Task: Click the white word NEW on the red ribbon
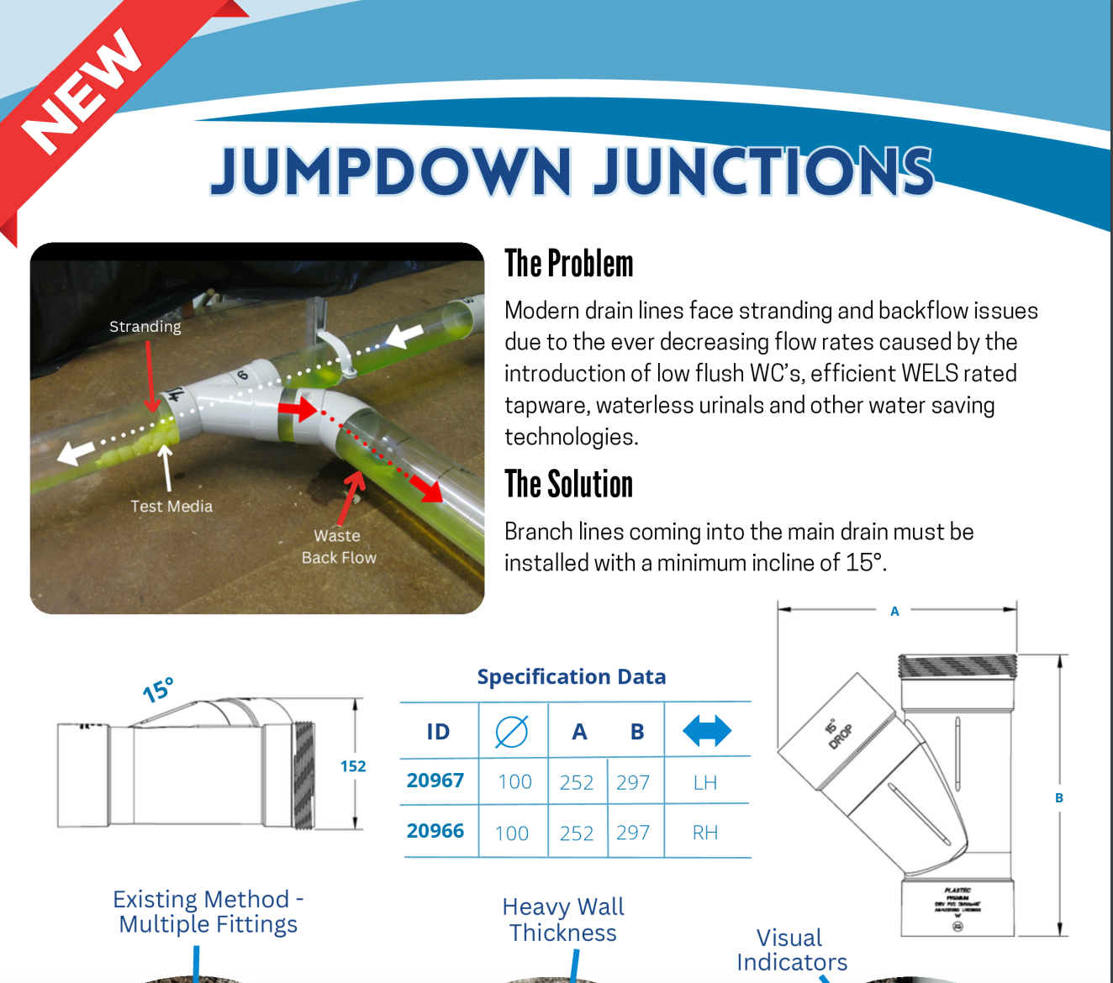tap(82, 92)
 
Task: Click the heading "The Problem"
tap(568, 264)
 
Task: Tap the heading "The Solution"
tap(568, 485)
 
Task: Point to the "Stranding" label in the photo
tap(145, 326)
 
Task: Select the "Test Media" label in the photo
tap(171, 506)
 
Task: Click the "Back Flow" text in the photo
tap(339, 557)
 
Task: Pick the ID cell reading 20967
tap(435, 781)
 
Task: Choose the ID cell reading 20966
tap(435, 831)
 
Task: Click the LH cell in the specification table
tap(704, 783)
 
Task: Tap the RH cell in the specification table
tap(704, 833)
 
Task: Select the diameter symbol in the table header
tap(511, 732)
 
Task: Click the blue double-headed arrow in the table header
tap(707, 731)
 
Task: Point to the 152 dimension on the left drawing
tap(353, 766)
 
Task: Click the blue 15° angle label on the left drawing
tap(158, 690)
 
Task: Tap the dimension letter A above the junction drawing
tap(894, 612)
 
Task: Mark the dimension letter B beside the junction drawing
tap(1059, 798)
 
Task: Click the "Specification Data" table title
tap(572, 676)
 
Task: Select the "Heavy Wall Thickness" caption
tap(563, 920)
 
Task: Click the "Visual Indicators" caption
tap(791, 949)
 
